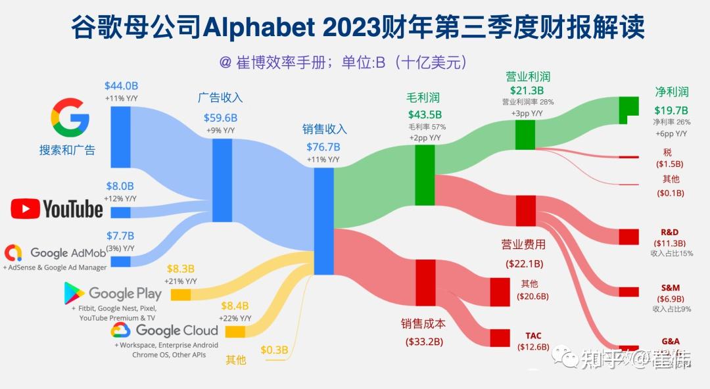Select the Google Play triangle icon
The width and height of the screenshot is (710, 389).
74,293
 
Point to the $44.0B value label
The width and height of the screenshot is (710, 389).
121,86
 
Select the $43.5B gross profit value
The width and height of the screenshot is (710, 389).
425,114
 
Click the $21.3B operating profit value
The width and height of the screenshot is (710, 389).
527,91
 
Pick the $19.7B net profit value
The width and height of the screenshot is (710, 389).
671,110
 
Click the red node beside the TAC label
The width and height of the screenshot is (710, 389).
500,337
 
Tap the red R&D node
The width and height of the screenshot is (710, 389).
628,237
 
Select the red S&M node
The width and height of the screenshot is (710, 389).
628,292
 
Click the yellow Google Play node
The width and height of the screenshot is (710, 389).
181,294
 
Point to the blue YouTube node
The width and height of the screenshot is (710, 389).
120,212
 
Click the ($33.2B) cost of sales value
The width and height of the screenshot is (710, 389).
424,342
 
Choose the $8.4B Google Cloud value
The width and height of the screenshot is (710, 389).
235,306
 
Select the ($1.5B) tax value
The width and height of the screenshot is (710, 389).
670,164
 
